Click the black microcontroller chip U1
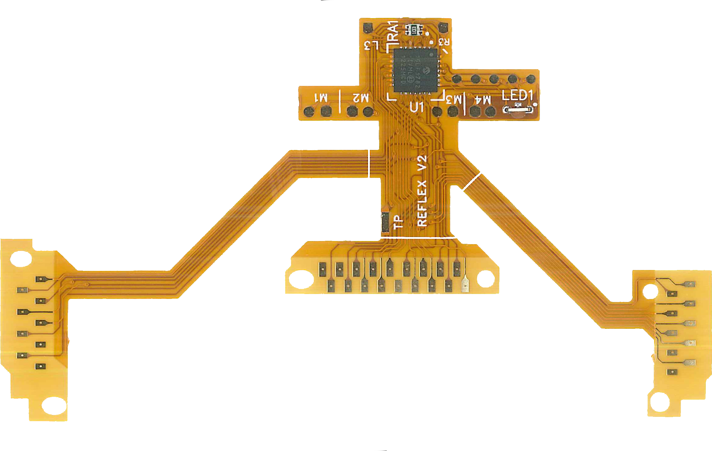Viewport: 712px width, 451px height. point(415,70)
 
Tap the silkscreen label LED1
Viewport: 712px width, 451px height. point(517,95)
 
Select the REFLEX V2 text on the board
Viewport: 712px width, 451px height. point(422,191)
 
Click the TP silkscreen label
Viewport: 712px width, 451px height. point(398,222)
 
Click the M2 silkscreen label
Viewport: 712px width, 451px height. point(361,98)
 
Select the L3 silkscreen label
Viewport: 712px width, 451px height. point(371,46)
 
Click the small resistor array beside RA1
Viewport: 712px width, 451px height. point(414,30)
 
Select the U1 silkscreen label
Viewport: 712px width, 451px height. point(417,107)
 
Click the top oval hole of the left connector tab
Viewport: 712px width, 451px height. point(21,258)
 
